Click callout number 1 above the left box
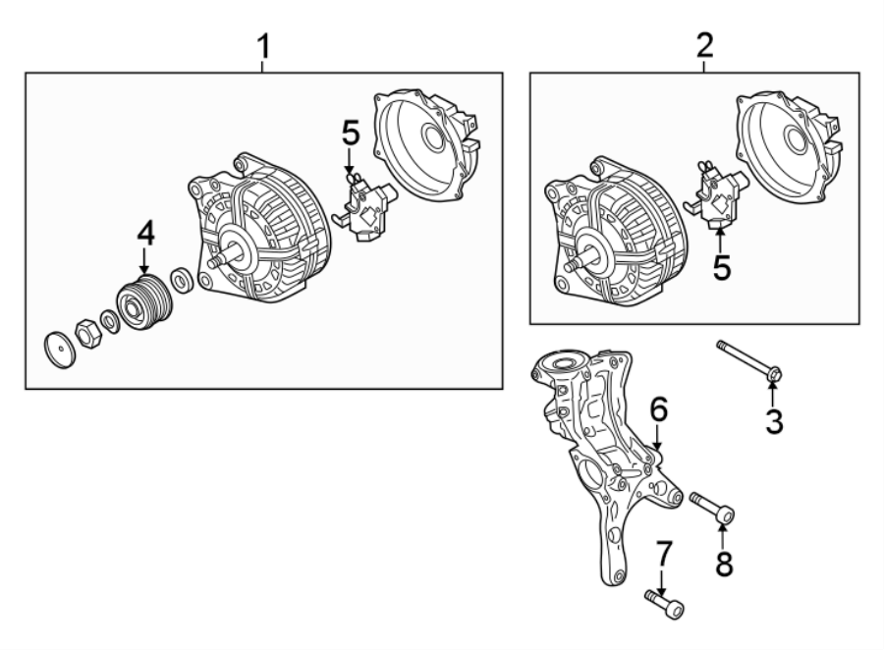[x=262, y=46]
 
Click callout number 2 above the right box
[x=704, y=44]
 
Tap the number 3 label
[x=774, y=423]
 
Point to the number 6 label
[x=658, y=406]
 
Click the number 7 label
[x=664, y=554]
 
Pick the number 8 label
[x=724, y=564]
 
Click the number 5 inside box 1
[x=351, y=132]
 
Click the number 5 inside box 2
[x=722, y=267]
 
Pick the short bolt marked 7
[x=665, y=603]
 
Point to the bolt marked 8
[x=712, y=507]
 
